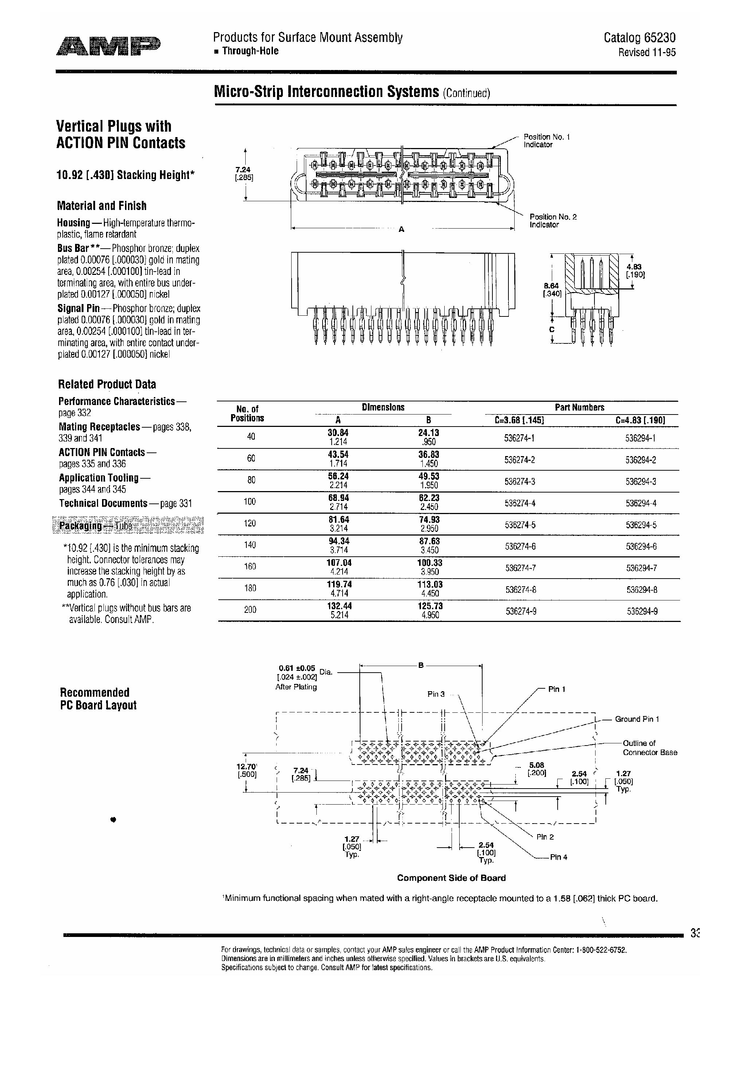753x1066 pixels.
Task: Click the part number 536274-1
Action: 519,438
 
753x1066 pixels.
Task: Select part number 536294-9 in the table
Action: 641,611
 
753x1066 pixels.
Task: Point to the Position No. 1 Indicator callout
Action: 546,141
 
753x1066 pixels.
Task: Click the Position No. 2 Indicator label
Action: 553,221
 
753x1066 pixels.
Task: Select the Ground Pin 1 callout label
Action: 636,719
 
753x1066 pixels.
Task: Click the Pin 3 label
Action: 436,694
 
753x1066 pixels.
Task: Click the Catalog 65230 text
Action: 639,38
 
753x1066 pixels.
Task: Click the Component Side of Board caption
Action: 451,878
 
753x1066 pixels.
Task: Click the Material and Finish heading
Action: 102,206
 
